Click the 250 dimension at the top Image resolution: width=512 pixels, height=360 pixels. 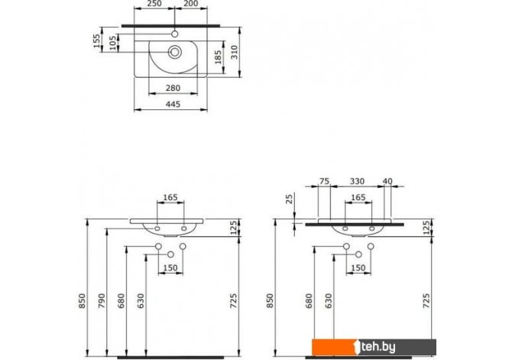click(x=154, y=4)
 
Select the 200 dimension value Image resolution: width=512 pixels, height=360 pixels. click(x=191, y=4)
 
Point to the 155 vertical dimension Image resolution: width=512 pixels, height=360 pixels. click(x=96, y=41)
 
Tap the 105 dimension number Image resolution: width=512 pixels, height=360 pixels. click(x=113, y=43)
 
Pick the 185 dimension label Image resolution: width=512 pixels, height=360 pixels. click(x=218, y=57)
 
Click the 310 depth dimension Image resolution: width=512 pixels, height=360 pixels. click(x=235, y=52)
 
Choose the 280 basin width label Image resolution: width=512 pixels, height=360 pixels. click(x=173, y=88)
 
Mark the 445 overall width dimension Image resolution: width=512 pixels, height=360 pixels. click(x=173, y=104)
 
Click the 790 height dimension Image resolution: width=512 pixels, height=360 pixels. click(x=102, y=301)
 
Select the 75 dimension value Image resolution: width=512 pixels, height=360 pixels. click(x=324, y=181)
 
